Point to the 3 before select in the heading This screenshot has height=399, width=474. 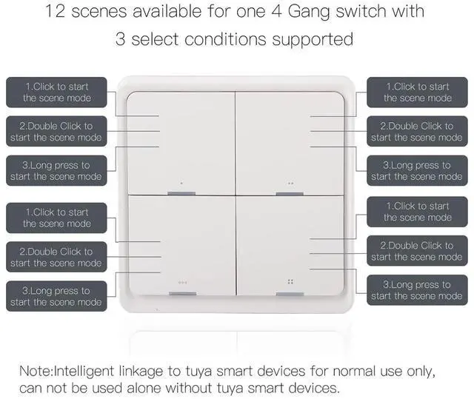pos(121,38)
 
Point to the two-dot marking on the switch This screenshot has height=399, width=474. pos(290,183)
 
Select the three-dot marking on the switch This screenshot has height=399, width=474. pos(182,283)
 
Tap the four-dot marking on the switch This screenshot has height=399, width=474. pos(290,282)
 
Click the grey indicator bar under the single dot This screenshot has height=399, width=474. pos(182,194)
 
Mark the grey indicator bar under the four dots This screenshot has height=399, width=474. pos(290,294)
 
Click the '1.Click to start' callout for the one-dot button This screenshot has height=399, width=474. pos(56,93)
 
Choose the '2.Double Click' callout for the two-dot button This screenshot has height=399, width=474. pos(416,132)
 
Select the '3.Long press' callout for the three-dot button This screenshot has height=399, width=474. pos(56,296)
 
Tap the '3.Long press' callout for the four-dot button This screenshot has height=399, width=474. pos(416,290)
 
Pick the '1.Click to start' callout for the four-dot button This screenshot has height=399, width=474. pos(416,212)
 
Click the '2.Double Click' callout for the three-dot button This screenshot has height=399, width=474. pos(56,257)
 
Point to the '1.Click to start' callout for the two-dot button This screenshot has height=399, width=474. pos(416,93)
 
